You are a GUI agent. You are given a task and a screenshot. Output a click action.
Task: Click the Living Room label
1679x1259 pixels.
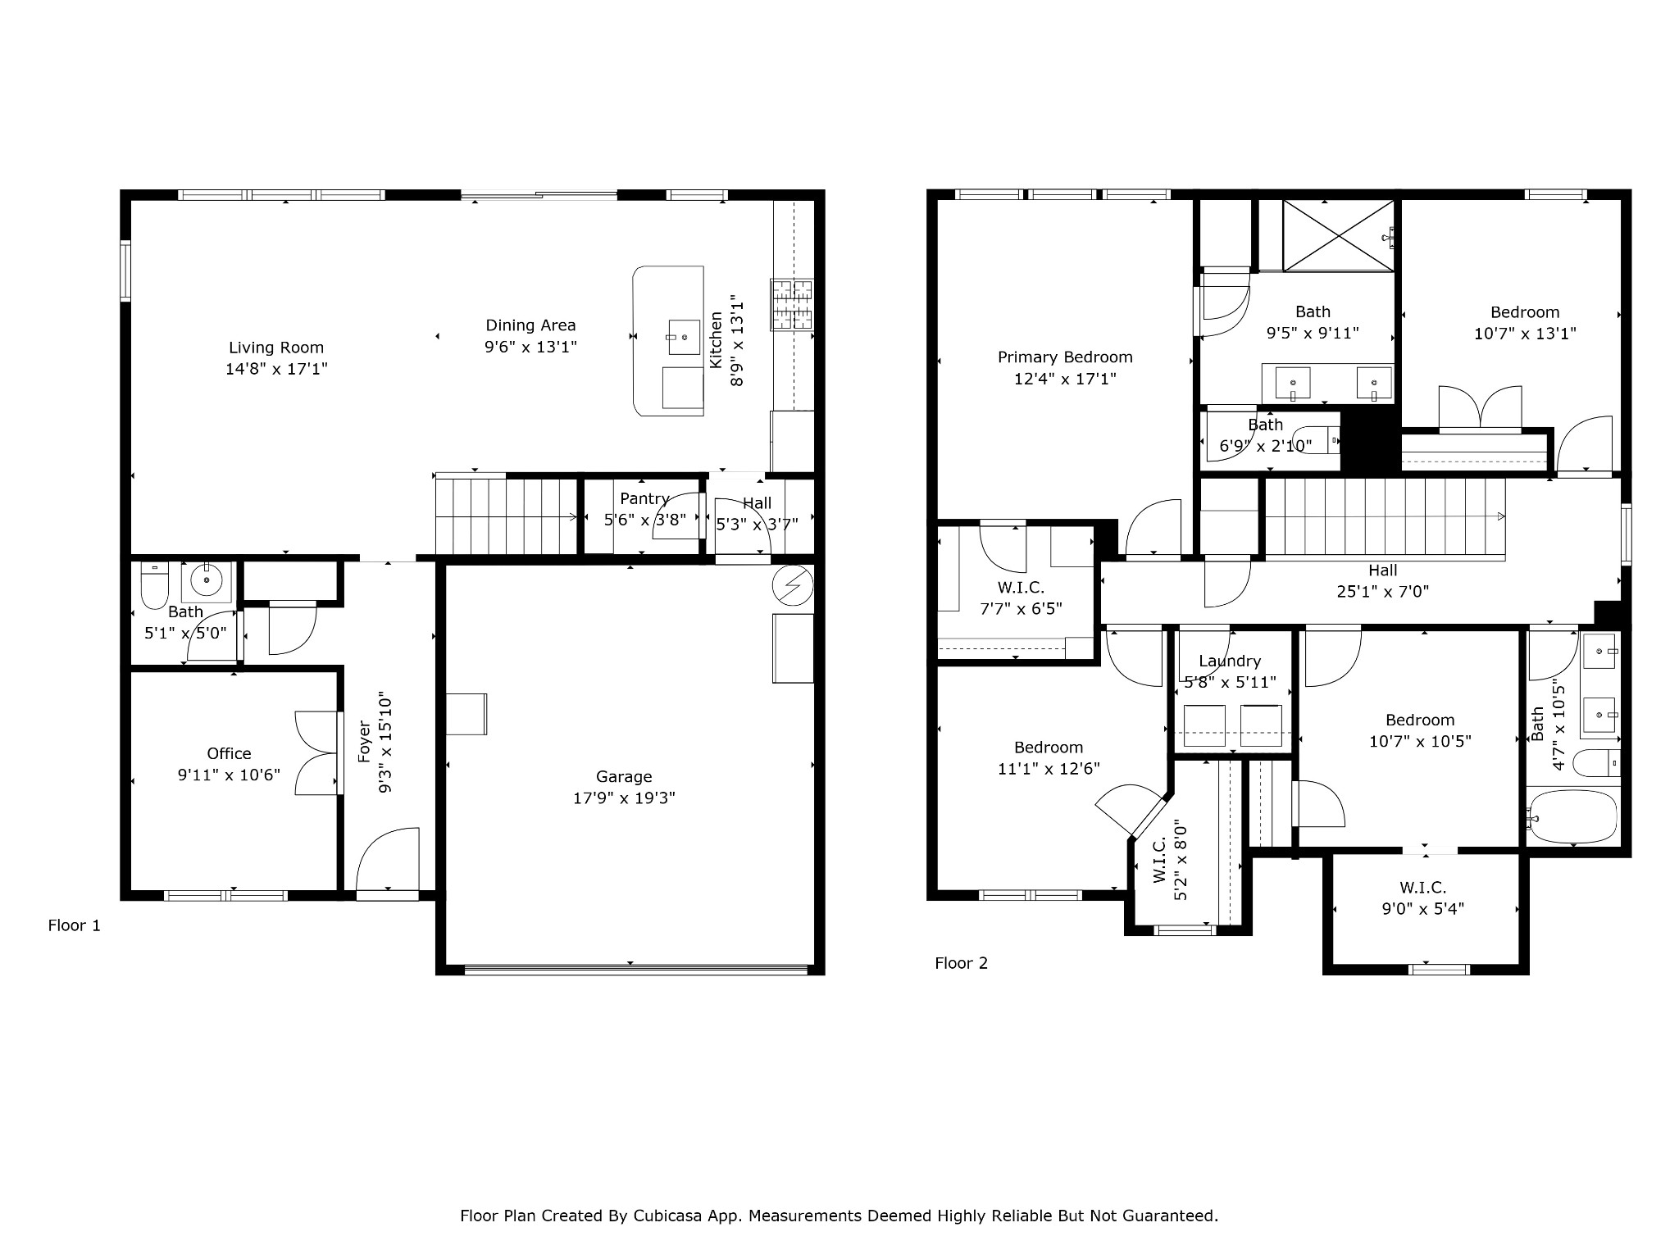(276, 348)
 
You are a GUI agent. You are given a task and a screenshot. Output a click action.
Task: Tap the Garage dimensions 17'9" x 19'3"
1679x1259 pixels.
(624, 798)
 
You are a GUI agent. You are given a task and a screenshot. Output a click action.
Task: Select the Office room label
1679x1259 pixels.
(229, 753)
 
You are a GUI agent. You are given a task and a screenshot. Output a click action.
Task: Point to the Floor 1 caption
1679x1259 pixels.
(75, 925)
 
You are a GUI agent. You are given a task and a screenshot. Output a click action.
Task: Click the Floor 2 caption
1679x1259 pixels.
(962, 963)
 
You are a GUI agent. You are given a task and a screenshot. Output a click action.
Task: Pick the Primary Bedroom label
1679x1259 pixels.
(1065, 357)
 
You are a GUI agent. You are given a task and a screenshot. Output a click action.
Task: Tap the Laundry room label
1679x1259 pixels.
(1230, 661)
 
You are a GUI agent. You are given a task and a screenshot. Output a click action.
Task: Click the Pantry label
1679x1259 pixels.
(645, 498)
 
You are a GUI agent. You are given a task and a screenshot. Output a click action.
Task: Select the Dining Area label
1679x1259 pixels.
(530, 325)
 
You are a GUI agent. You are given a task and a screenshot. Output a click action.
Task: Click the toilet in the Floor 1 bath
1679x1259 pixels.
(154, 584)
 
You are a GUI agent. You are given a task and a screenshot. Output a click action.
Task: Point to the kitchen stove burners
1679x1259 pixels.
(792, 305)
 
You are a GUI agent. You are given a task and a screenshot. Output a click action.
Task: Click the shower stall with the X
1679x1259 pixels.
(1338, 235)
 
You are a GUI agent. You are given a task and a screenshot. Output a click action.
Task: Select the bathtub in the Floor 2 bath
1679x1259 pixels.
(1573, 816)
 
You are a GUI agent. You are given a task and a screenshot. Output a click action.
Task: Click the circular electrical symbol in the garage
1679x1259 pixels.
(794, 585)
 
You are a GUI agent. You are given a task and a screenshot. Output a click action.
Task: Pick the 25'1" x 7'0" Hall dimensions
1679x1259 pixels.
(1383, 592)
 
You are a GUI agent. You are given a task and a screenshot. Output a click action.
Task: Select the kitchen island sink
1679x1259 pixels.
(685, 337)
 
